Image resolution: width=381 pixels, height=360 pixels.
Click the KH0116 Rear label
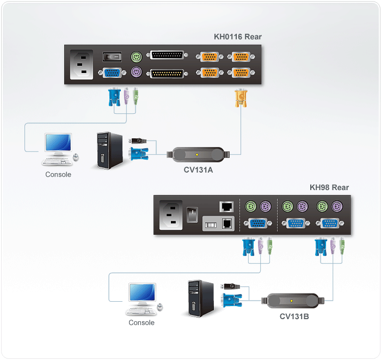point(237,37)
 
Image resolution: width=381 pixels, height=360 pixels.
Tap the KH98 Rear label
point(329,187)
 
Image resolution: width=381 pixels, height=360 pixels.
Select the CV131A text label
point(198,169)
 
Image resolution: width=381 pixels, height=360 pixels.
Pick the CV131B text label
point(294,316)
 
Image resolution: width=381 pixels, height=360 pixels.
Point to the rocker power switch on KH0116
point(112,56)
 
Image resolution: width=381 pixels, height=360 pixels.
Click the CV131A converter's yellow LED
point(204,154)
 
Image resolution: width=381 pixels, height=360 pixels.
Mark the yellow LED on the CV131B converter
point(292,301)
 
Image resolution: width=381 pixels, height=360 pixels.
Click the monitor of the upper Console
point(58,143)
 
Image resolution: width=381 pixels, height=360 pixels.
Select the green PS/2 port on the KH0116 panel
point(136,56)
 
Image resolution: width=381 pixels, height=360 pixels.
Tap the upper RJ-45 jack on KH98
point(226,206)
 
